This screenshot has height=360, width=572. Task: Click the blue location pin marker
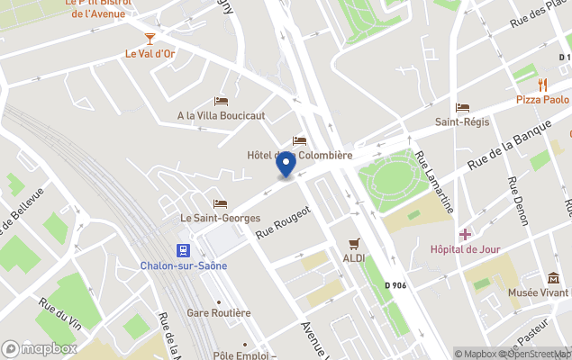click(286, 165)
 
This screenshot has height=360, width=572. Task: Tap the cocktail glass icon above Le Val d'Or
click(150, 38)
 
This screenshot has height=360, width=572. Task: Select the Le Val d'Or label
click(150, 53)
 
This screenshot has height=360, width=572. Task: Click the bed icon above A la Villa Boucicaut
click(222, 101)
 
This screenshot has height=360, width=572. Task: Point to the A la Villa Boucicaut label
click(221, 115)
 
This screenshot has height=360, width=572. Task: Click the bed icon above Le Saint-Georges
click(221, 203)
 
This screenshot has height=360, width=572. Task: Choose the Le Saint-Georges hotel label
click(221, 218)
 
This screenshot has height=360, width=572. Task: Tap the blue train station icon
click(184, 250)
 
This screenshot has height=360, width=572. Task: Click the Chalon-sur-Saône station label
click(184, 265)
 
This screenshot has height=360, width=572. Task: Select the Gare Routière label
click(218, 313)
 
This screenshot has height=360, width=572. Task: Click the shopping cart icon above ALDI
click(354, 243)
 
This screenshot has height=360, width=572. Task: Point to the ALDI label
click(354, 258)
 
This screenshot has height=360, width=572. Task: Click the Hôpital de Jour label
click(465, 248)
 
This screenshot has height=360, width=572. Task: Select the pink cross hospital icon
click(465, 234)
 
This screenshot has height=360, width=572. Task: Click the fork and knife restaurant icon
click(542, 85)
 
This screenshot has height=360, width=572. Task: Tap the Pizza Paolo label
click(542, 100)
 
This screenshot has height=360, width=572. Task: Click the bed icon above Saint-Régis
click(462, 107)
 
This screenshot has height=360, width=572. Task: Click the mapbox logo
click(40, 348)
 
